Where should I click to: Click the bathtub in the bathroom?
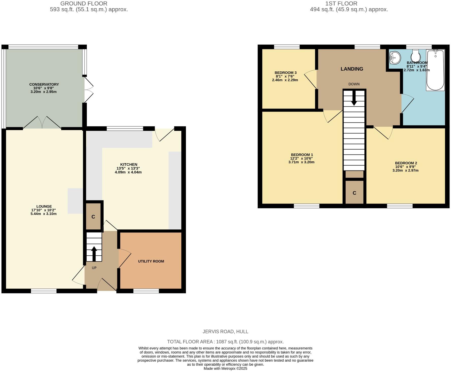(435, 70)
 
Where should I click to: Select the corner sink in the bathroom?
(394, 58)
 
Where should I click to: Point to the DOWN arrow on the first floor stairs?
(354, 98)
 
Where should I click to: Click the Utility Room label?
(151, 261)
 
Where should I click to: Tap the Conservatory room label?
(44, 84)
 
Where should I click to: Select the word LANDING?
(352, 69)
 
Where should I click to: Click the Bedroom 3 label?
(285, 73)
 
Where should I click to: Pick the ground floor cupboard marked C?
(93, 216)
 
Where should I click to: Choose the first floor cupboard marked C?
(355, 193)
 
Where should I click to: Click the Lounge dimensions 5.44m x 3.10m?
(43, 214)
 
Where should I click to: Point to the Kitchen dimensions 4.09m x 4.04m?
(128, 172)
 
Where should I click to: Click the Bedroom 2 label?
(406, 163)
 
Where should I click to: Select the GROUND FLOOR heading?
(84, 4)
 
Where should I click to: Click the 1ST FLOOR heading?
(341, 4)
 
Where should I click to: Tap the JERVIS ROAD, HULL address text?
(225, 332)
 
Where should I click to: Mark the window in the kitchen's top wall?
(125, 129)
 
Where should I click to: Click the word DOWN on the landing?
(354, 84)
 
